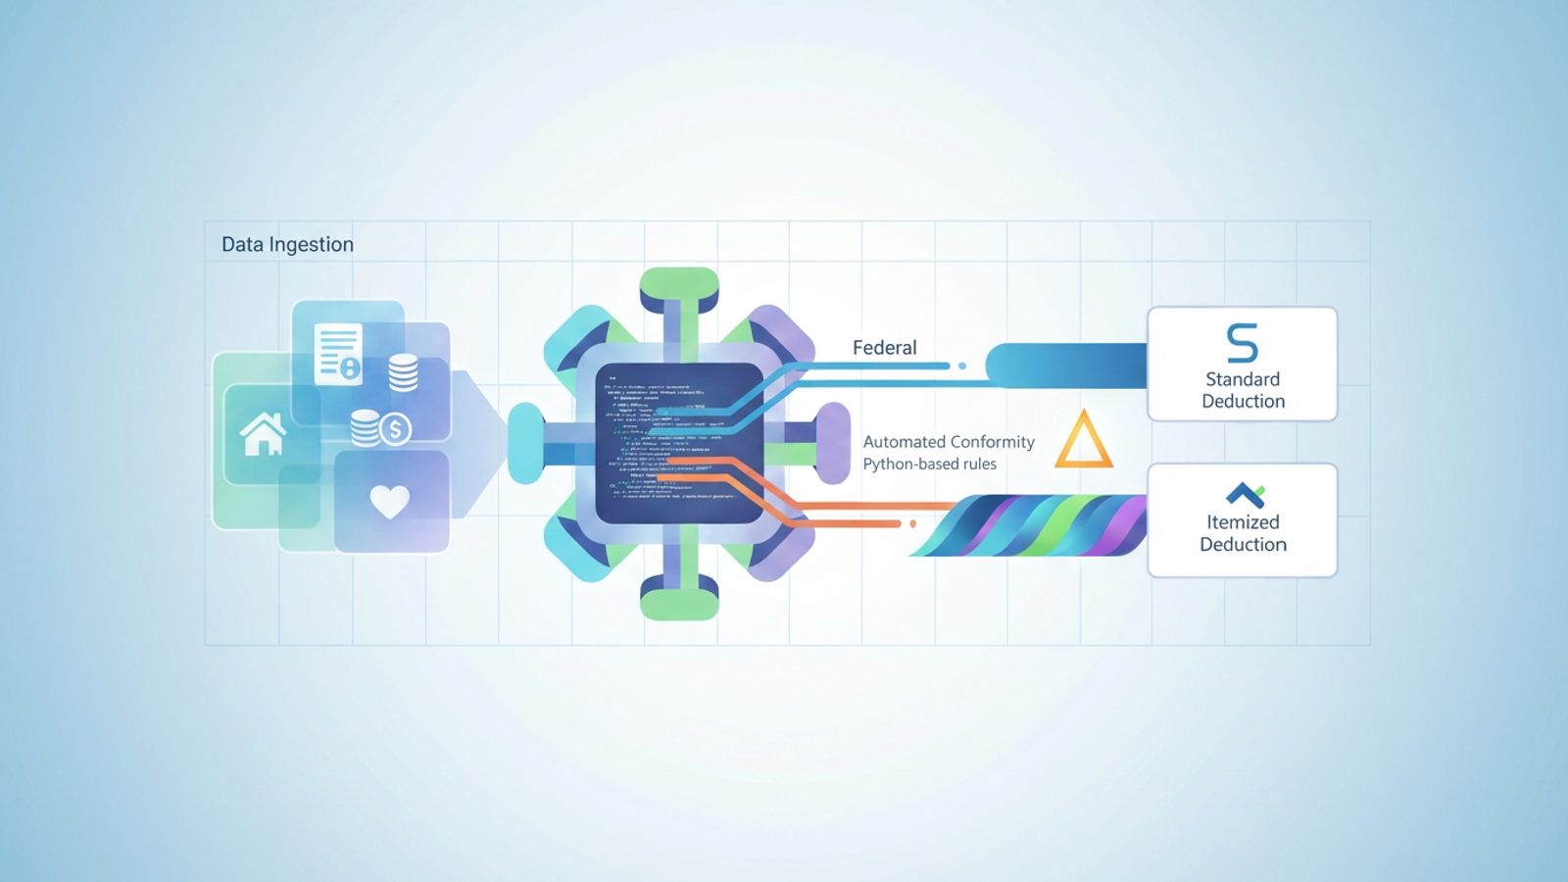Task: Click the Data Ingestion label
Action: (x=287, y=244)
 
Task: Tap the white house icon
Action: (x=263, y=434)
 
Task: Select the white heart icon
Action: (x=389, y=502)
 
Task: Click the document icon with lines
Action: (x=337, y=353)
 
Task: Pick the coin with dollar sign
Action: (x=395, y=429)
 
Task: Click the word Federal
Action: (x=884, y=348)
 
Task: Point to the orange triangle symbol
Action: (x=1083, y=440)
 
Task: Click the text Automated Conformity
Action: (x=948, y=442)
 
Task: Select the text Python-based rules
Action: (x=929, y=465)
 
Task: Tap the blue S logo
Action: (x=1242, y=343)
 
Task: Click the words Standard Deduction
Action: (x=1243, y=390)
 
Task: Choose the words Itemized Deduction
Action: (x=1243, y=533)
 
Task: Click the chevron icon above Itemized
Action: (x=1245, y=494)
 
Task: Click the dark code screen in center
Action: (x=679, y=442)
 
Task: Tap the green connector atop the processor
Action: (x=679, y=286)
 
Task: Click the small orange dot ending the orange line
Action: (x=913, y=524)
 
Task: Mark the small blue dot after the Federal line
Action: (x=962, y=366)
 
